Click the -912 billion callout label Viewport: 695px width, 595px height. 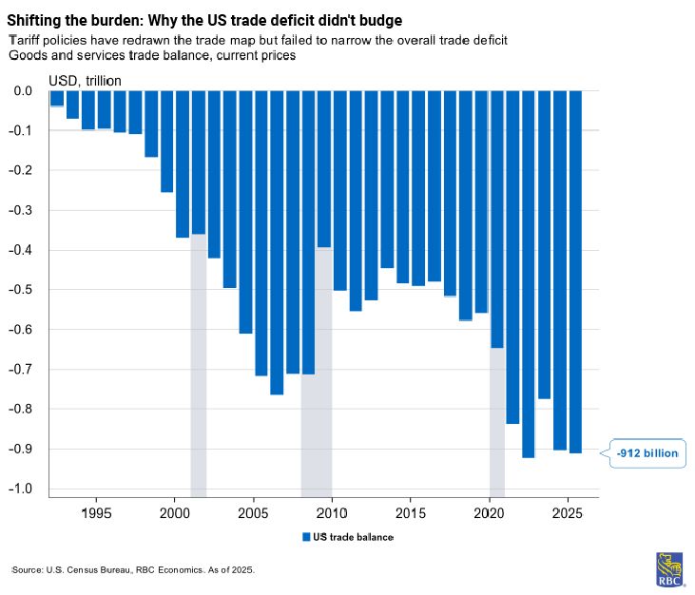click(x=647, y=453)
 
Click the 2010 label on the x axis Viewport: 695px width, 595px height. click(x=332, y=514)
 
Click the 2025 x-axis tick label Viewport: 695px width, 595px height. click(x=568, y=514)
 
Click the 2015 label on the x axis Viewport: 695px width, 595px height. click(x=411, y=514)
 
